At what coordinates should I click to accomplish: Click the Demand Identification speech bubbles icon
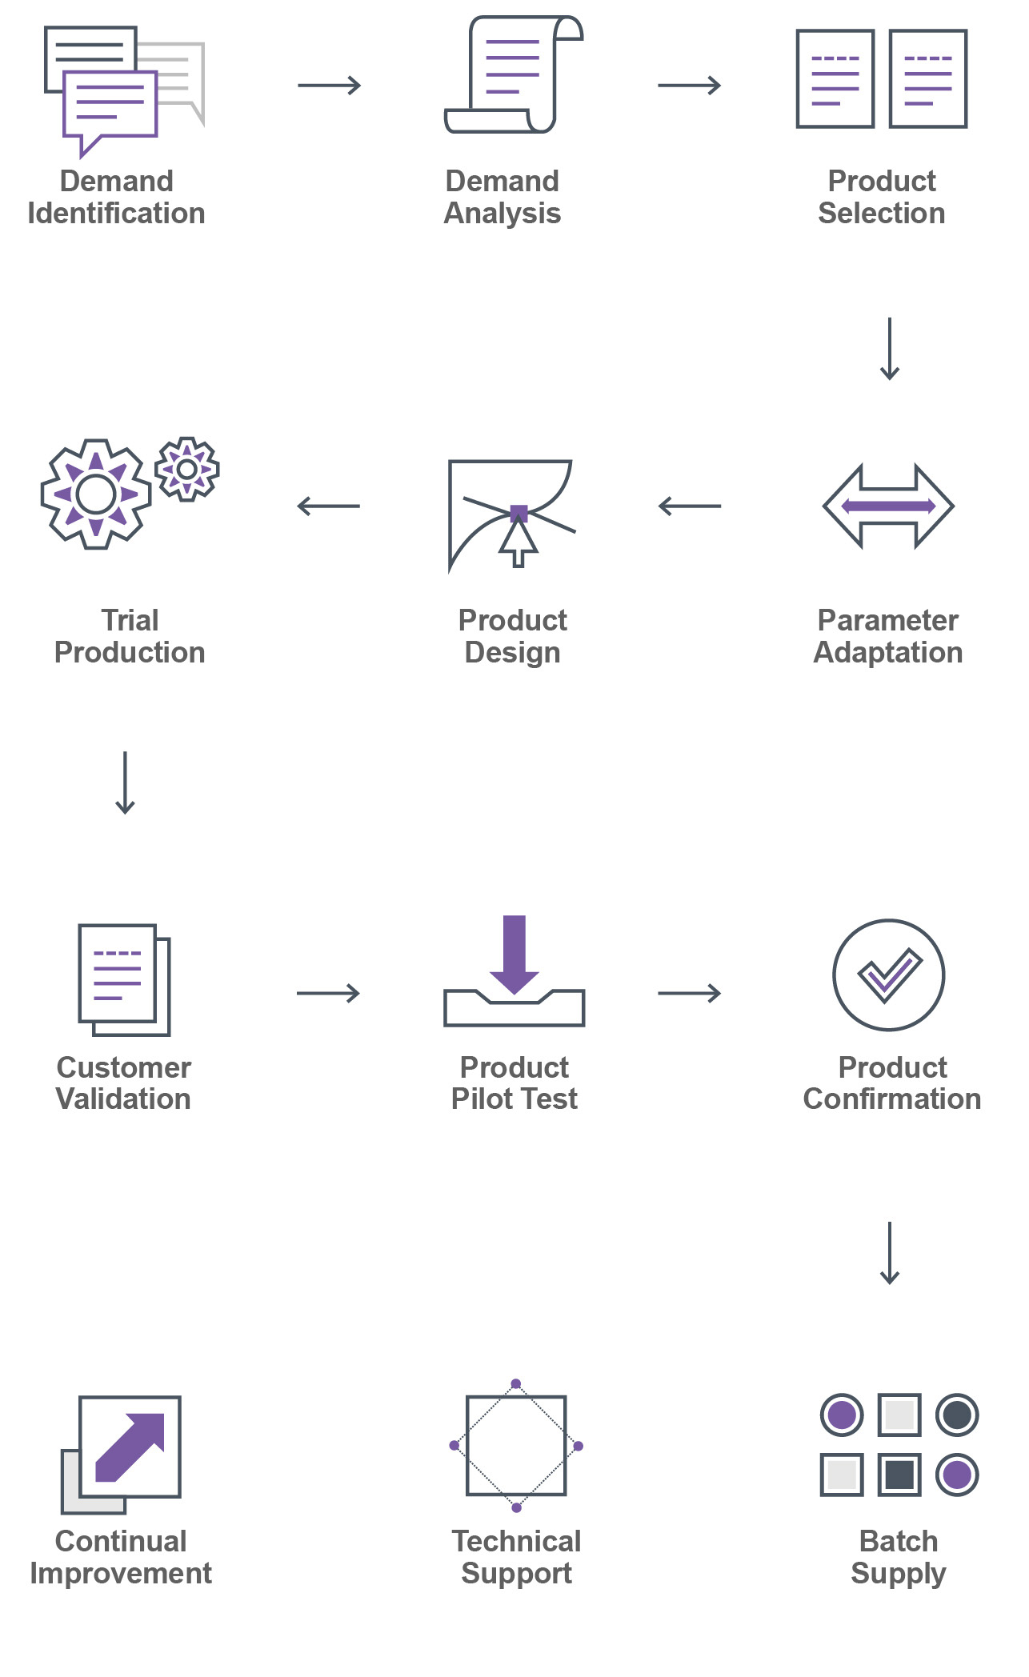click(x=120, y=88)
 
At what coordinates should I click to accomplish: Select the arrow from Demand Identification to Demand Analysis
click(x=329, y=85)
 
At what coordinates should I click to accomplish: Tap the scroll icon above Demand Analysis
click(x=513, y=74)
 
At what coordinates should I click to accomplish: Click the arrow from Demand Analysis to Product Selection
click(x=689, y=85)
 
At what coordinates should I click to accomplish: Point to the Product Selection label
click(x=881, y=197)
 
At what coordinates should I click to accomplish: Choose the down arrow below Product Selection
click(x=890, y=349)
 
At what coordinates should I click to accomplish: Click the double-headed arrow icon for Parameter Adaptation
click(x=888, y=506)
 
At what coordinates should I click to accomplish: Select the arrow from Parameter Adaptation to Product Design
click(x=689, y=506)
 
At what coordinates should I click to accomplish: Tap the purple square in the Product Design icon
click(x=519, y=513)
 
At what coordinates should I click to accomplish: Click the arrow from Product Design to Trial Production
click(x=329, y=506)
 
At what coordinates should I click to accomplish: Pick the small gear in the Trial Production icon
click(x=187, y=469)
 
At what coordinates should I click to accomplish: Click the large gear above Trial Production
click(x=96, y=494)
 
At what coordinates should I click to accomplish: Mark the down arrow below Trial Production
click(x=125, y=782)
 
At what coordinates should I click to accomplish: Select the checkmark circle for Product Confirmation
click(x=888, y=975)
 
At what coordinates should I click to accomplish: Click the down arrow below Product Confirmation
click(x=890, y=1253)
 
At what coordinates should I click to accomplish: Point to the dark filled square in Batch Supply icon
click(x=899, y=1475)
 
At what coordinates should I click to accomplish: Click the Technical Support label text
click(x=516, y=1557)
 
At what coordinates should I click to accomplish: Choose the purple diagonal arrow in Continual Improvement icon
click(x=131, y=1446)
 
